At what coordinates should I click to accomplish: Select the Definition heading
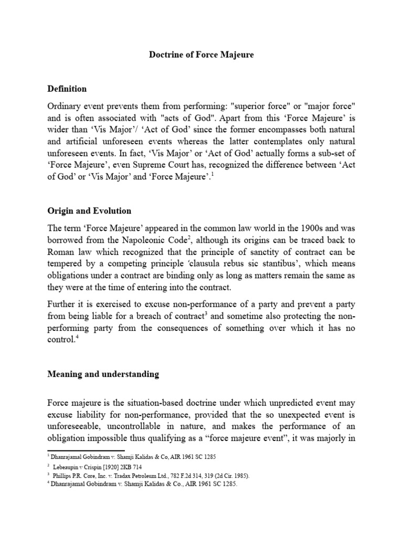click(x=67, y=89)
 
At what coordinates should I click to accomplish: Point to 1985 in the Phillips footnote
click(x=224, y=476)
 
